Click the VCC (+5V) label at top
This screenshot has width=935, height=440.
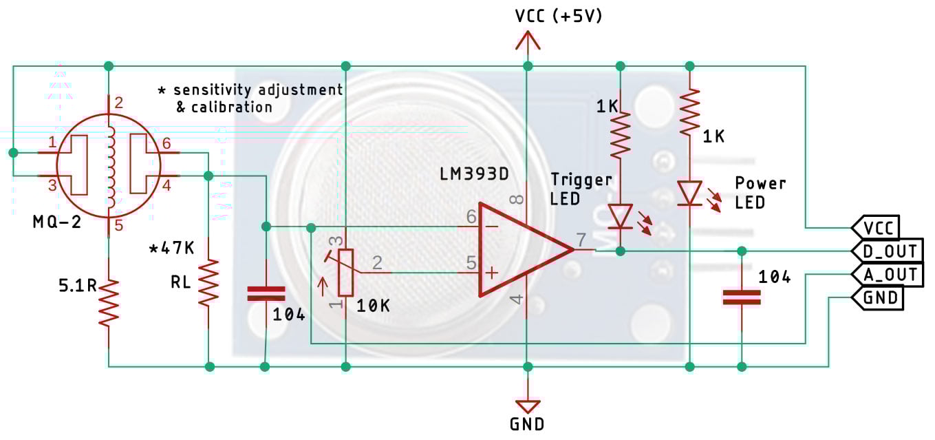(x=559, y=16)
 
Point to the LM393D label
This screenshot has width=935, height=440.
(x=474, y=174)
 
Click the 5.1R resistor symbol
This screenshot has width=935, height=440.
(x=108, y=302)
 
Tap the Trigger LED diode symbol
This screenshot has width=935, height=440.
(x=621, y=216)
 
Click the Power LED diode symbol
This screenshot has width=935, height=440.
(x=689, y=193)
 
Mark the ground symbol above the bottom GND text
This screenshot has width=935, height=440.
(x=528, y=406)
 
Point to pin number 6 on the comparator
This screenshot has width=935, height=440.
(x=471, y=217)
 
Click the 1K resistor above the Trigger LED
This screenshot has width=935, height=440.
(x=621, y=134)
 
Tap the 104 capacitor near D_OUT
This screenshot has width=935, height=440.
(x=742, y=297)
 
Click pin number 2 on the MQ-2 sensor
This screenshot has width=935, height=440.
(x=118, y=104)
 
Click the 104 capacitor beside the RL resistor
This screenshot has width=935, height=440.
(x=266, y=294)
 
